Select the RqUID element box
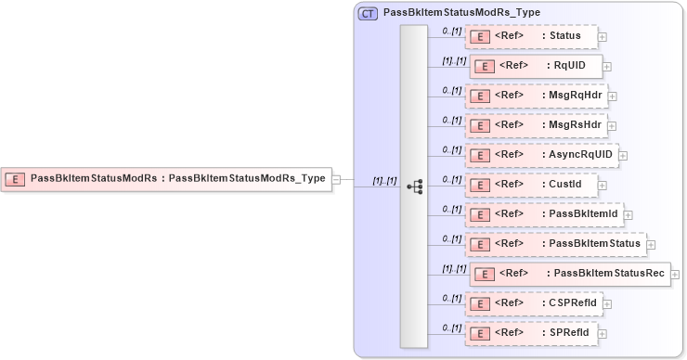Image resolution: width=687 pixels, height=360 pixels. click(x=536, y=66)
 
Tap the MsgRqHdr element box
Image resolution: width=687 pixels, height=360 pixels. click(x=536, y=96)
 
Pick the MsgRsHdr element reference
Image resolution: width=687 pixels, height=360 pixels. click(x=536, y=125)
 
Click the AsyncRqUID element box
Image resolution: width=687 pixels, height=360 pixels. click(x=541, y=155)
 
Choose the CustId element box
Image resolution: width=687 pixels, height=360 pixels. click(x=529, y=185)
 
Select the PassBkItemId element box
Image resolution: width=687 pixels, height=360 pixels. click(x=543, y=214)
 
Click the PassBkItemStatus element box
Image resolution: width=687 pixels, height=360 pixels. click(x=554, y=244)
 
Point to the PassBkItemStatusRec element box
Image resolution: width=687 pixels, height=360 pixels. click(x=569, y=274)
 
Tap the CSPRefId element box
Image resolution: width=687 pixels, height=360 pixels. click(x=534, y=303)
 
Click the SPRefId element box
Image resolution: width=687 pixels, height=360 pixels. click(x=529, y=333)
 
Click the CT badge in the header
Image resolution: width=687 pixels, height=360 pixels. click(x=368, y=13)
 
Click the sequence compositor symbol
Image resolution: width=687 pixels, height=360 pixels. click(x=414, y=186)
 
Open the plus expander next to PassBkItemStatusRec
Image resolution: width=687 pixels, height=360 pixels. click(x=675, y=275)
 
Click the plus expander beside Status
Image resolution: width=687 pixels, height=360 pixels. click(x=603, y=37)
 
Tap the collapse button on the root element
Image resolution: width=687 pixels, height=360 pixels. click(x=337, y=179)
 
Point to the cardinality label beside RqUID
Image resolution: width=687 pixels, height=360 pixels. click(x=453, y=60)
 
